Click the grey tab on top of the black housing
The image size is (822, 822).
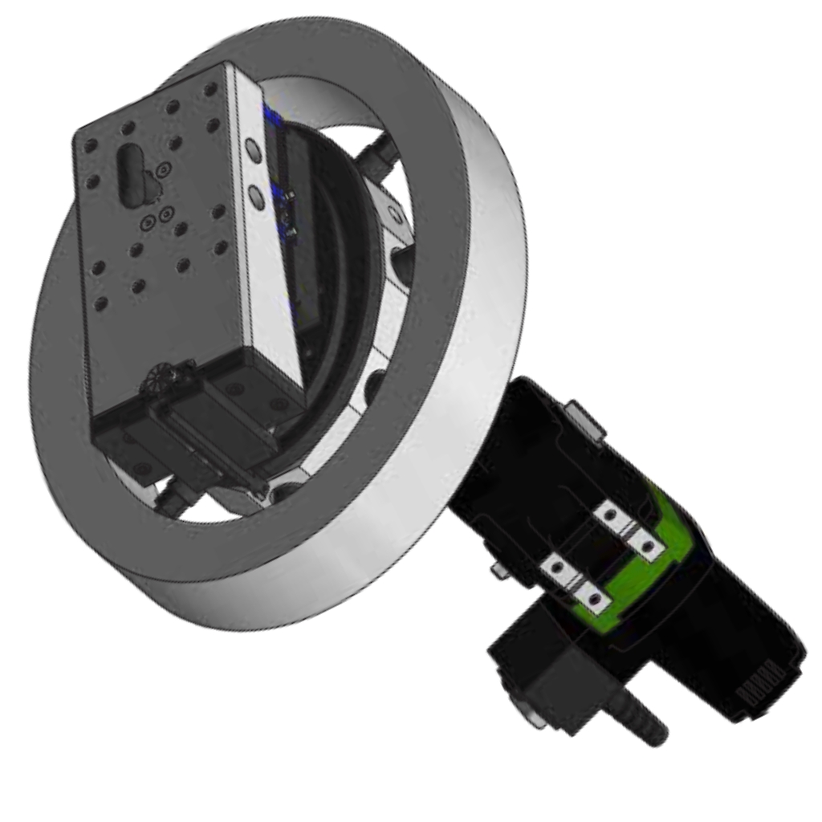pos(583,420)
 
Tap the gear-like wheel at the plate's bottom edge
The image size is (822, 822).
pos(169,378)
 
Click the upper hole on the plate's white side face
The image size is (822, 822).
pos(254,148)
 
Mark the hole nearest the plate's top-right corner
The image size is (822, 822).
pos(210,91)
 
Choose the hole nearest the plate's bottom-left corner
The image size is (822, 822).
pos(102,303)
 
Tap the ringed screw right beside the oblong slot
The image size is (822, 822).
pos(163,170)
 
